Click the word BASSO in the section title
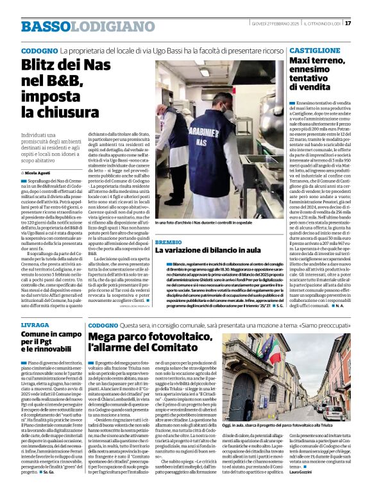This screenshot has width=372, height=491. pyautogui.click(x=44, y=27)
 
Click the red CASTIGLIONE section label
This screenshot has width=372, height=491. pyautogui.click(x=314, y=50)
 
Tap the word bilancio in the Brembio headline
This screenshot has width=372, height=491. pyautogui.click(x=214, y=252)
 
